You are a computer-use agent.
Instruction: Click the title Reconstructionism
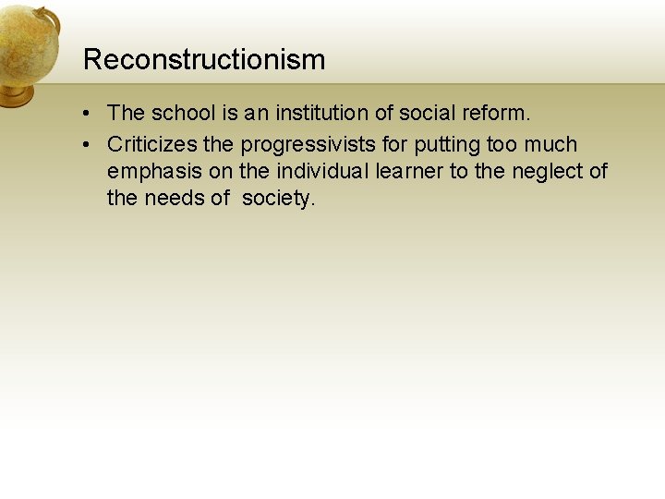point(204,60)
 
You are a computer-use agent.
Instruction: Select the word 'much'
point(550,145)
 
